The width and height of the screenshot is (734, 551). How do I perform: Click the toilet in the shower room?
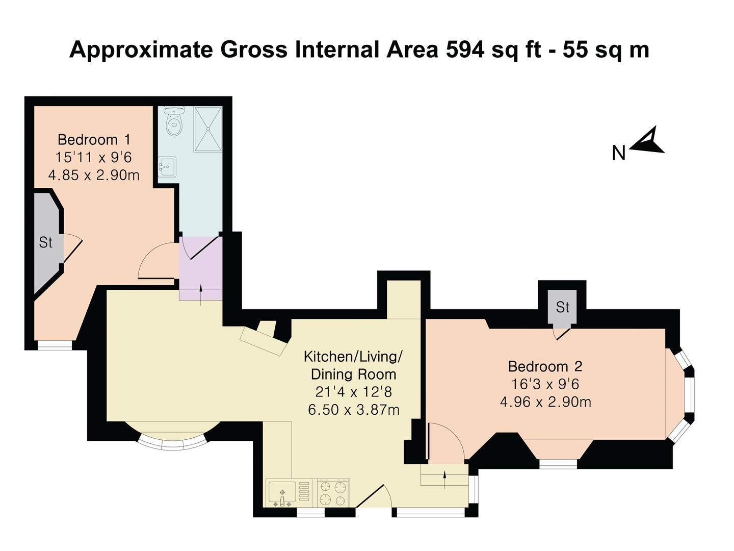[x=174, y=121]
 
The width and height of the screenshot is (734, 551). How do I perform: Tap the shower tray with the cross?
[x=208, y=129]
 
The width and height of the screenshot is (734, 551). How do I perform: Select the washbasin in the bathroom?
[x=167, y=167]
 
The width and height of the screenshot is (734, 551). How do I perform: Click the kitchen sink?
[x=281, y=494]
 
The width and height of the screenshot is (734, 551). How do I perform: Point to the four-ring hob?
[x=332, y=493]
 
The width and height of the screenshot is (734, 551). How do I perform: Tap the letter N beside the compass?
[x=619, y=153]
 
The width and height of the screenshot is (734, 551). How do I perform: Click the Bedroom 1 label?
[x=94, y=139]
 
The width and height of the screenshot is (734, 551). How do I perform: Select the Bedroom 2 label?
[x=545, y=366]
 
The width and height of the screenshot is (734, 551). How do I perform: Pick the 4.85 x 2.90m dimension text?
[x=94, y=175]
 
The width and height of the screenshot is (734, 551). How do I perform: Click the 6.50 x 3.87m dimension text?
[x=353, y=410]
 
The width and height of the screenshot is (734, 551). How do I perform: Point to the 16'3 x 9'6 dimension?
[x=545, y=384]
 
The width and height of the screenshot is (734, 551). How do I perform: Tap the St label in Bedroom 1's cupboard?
[x=45, y=242]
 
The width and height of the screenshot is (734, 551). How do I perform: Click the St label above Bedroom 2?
[x=562, y=307]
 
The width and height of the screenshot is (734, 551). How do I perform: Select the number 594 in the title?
[x=465, y=50]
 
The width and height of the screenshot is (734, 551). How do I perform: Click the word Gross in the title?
[x=253, y=50]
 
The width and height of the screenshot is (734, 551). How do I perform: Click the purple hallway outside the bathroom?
[x=201, y=268]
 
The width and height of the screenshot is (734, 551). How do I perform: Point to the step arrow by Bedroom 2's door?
[x=444, y=480]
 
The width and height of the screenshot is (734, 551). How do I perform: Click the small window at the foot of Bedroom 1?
[x=55, y=345]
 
